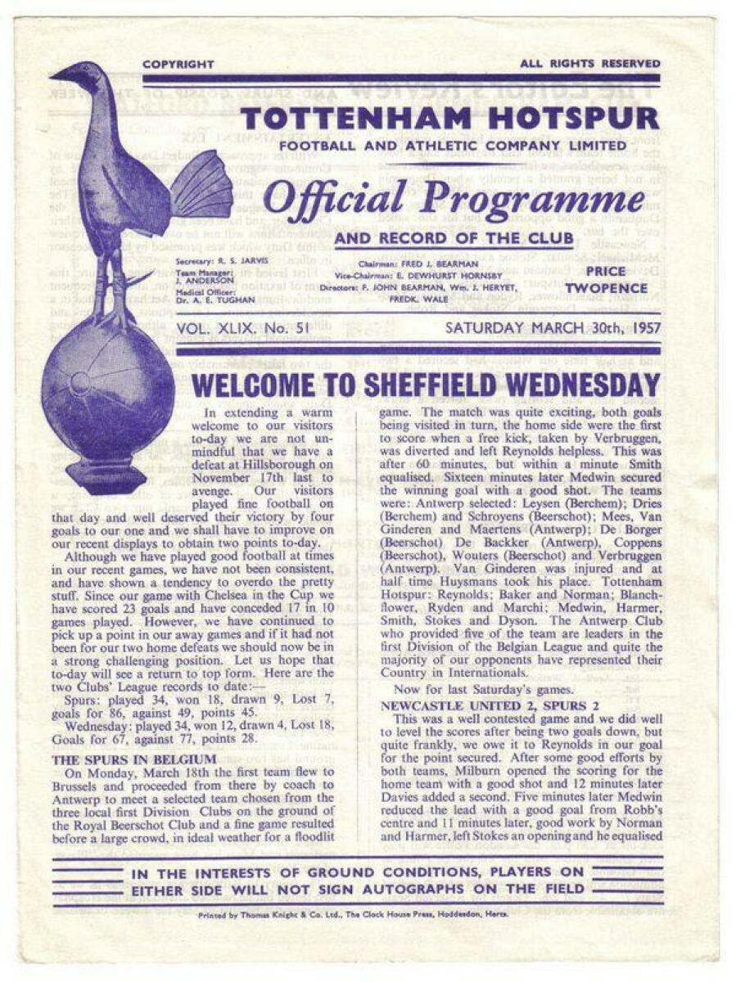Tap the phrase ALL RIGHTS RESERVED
point(589,64)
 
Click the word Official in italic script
point(327,199)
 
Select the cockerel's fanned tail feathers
point(201,184)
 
